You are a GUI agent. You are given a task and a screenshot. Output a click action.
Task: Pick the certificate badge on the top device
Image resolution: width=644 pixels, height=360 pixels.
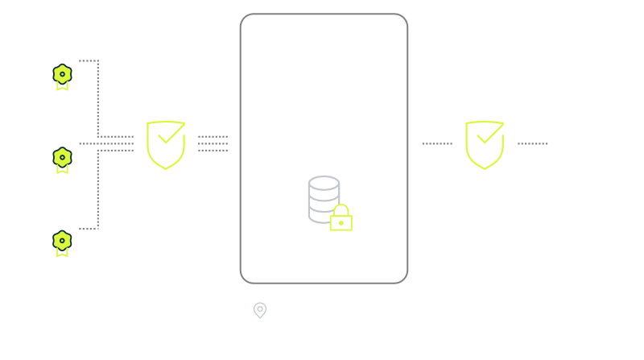coord(60,77)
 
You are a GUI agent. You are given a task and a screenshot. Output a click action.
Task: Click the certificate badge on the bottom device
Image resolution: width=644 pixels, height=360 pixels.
coord(60,242)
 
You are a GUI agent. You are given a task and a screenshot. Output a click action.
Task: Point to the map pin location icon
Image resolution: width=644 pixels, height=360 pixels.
coord(259,310)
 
